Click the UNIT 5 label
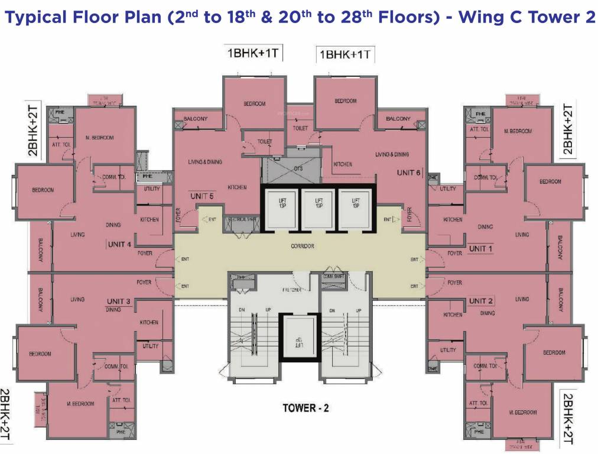[x=202, y=196]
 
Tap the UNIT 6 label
[x=409, y=173]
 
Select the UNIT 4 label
[x=119, y=244]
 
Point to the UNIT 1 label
[x=480, y=249]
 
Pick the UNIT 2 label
[x=480, y=301]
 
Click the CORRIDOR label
[x=302, y=246]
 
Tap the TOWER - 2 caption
[x=305, y=408]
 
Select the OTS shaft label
[x=298, y=168]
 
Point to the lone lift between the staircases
[x=299, y=338]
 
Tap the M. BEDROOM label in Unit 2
[x=522, y=412]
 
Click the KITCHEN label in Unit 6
[x=343, y=164]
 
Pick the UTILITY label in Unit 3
[x=151, y=346]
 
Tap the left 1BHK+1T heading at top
[x=253, y=54]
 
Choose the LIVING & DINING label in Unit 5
[x=205, y=162]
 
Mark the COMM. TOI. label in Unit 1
[x=485, y=177]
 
